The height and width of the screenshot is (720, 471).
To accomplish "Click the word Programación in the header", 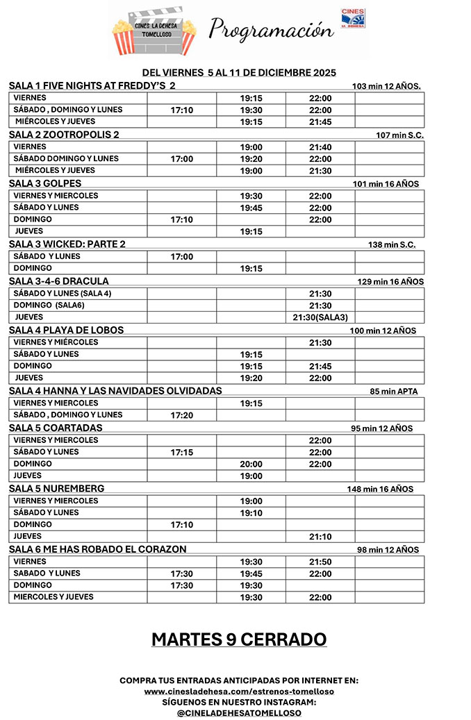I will coord(270,30).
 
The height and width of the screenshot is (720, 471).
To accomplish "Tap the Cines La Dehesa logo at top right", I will coord(353,20).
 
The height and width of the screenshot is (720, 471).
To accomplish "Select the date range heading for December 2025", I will coord(239,72).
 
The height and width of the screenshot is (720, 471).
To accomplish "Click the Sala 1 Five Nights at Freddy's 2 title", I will coord(92,85).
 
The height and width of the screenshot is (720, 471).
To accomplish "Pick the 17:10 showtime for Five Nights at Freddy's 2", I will coord(181,110).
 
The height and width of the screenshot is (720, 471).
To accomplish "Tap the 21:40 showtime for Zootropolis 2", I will coord(320,147).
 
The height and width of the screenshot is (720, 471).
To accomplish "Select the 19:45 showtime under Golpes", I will coord(251,208).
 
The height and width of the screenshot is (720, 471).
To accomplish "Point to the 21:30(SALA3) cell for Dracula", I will coord(320,317).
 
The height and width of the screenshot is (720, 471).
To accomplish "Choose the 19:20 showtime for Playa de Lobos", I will coord(251,378).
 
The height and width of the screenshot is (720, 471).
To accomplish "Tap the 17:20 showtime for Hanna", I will coord(181,415).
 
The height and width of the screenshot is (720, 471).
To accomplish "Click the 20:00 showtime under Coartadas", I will coord(251,464).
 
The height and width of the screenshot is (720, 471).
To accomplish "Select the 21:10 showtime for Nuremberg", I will coord(320,537).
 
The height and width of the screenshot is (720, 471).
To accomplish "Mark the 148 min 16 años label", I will coord(380,489).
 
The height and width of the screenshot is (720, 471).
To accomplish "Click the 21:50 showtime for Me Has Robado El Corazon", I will coord(320,562).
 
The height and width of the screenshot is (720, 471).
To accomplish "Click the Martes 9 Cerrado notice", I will coord(238,639).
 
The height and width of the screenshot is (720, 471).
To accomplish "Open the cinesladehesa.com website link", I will coord(239,692).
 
